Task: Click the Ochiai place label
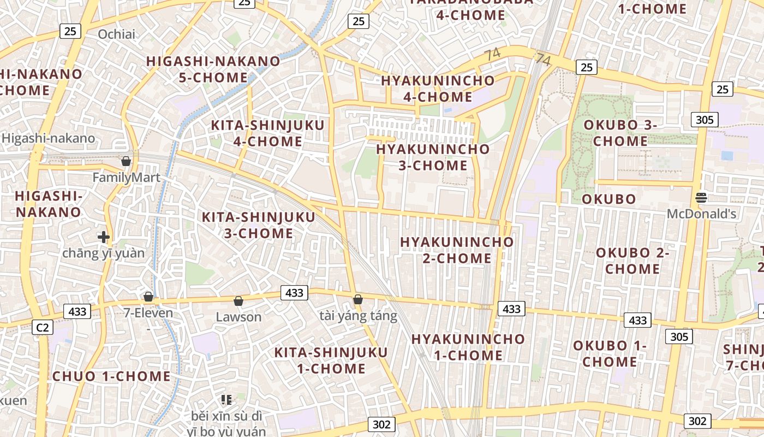[x=116, y=34]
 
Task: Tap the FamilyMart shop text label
[x=126, y=178]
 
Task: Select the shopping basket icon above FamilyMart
[x=126, y=161]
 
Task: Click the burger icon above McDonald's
[x=701, y=198]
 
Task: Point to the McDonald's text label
[x=701, y=214]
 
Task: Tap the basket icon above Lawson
[x=238, y=301]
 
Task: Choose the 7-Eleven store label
[x=148, y=313]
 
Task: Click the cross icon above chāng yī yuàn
[x=103, y=237]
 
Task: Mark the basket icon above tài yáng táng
[x=358, y=299]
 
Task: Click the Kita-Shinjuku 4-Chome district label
[x=267, y=133]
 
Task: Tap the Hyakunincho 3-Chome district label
[x=433, y=157]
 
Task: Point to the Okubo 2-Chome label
[x=632, y=261]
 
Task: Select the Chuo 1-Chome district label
[x=111, y=376]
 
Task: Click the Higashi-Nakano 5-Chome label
[x=213, y=69]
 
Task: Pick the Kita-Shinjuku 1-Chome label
[x=331, y=360]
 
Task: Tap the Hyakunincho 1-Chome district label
[x=468, y=347]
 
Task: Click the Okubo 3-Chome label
[x=620, y=133]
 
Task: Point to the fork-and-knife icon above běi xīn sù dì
[x=226, y=400]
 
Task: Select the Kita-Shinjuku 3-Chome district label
[x=259, y=225]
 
